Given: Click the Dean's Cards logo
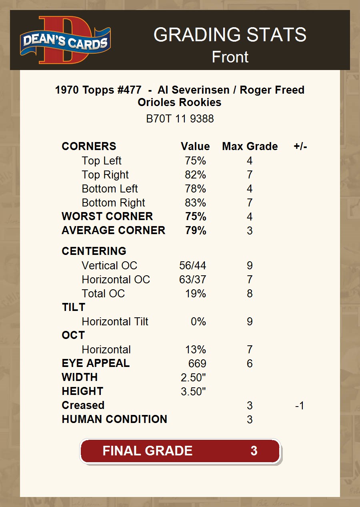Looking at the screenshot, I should pyautogui.click(x=66, y=40).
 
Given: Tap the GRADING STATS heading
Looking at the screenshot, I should pyautogui.click(x=230, y=35).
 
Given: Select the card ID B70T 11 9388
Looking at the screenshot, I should pyautogui.click(x=180, y=119).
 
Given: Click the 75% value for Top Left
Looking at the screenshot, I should pyautogui.click(x=195, y=161).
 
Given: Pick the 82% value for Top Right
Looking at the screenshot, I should pyautogui.click(x=195, y=175).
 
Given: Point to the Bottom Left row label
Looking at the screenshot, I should pyautogui.click(x=110, y=189).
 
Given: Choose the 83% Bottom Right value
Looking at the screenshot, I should pyautogui.click(x=195, y=203).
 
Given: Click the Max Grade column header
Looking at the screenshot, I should pyautogui.click(x=250, y=146).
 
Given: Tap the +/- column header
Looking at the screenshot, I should pyautogui.click(x=300, y=146).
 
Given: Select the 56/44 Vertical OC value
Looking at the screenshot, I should pyautogui.click(x=192, y=266).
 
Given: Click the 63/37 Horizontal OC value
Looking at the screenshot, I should pyautogui.click(x=192, y=280).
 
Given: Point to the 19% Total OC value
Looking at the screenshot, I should pyautogui.click(x=195, y=294).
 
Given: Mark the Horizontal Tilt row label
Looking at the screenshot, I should pyautogui.click(x=115, y=322).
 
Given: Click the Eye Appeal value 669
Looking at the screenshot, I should pyautogui.click(x=197, y=364).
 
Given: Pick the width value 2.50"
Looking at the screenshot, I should pyautogui.click(x=193, y=378).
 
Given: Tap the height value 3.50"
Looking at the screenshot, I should pyautogui.click(x=193, y=392).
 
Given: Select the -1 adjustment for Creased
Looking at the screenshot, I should pyautogui.click(x=300, y=406).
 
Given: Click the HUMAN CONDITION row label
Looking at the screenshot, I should pyautogui.click(x=114, y=419).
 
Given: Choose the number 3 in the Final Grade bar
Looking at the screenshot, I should pyautogui.click(x=254, y=451).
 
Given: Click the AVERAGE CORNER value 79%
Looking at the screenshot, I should pyautogui.click(x=196, y=230).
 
